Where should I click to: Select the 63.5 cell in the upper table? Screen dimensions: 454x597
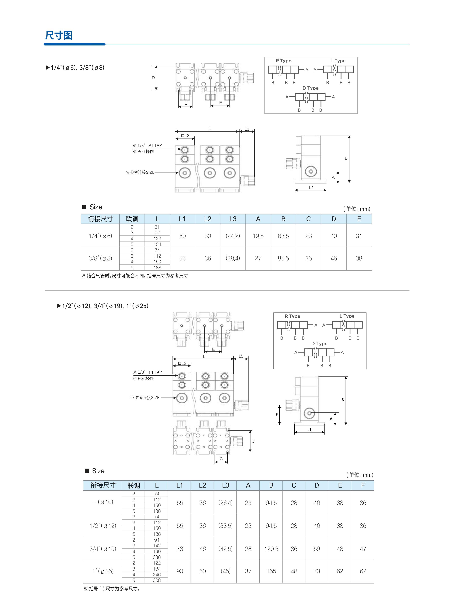[283, 236]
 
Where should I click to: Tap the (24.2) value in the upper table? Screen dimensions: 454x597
[233, 236]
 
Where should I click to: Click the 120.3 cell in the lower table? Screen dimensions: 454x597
[271, 549]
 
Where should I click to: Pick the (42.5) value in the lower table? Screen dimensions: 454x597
[225, 549]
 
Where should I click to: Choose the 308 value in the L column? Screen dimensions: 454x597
[157, 580]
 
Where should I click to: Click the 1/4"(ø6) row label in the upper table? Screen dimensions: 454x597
[100, 236]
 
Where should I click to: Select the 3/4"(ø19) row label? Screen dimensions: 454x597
[103, 549]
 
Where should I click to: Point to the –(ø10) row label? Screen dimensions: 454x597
[103, 502]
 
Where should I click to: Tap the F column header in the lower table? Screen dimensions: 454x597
[363, 485]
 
